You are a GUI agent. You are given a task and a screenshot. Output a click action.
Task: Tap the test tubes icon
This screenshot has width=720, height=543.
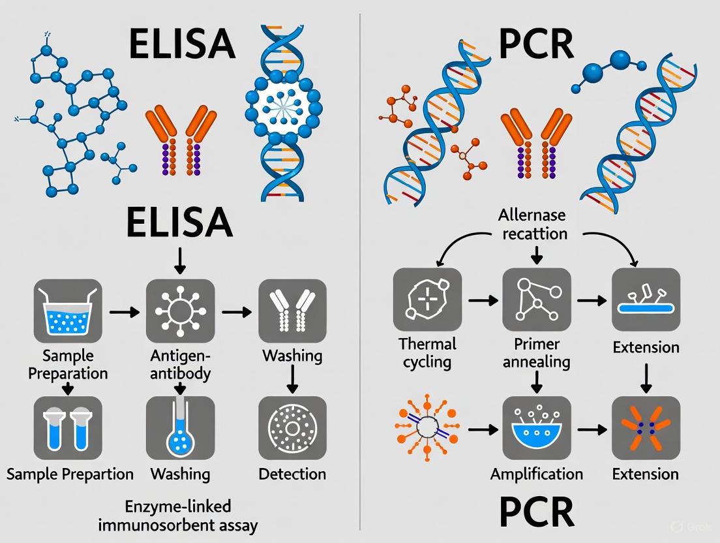(x=68, y=428)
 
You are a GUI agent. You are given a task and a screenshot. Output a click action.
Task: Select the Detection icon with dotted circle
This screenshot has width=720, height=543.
(x=292, y=428)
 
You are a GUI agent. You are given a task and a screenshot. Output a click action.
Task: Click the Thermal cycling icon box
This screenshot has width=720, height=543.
(x=427, y=300)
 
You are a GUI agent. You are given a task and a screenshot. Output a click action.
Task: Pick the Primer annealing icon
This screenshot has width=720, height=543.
(x=536, y=300)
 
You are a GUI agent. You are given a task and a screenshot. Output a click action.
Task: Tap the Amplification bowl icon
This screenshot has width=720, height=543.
(x=536, y=428)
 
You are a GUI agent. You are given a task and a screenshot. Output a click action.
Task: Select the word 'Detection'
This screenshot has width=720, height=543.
(x=292, y=474)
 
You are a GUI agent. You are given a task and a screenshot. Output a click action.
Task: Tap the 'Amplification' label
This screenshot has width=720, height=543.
(x=536, y=474)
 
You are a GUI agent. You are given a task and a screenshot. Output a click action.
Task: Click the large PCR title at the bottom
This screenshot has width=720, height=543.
(x=536, y=513)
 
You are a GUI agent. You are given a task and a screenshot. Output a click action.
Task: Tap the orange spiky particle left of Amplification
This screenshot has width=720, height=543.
(x=427, y=428)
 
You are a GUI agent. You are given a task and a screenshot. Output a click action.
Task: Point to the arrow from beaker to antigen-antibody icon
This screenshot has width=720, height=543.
(x=123, y=313)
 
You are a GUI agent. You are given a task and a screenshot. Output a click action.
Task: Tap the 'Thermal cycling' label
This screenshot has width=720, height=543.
(x=427, y=352)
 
